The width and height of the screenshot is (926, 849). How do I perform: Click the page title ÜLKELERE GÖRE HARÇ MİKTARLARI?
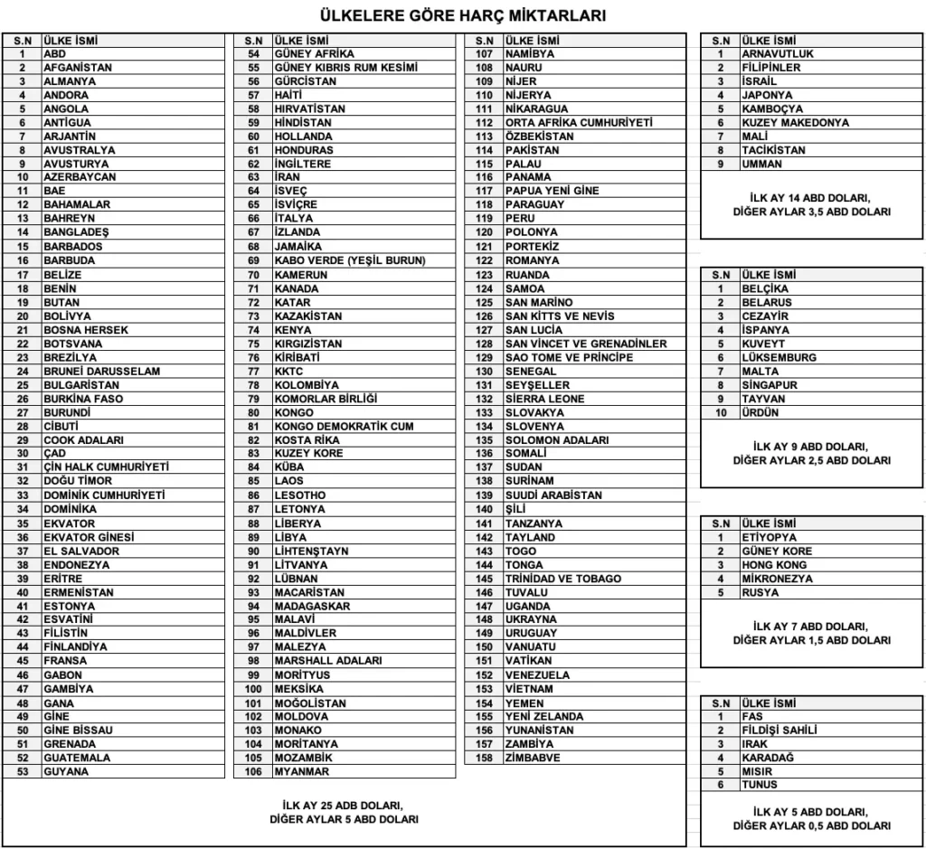463,15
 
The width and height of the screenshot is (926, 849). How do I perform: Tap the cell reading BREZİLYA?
71,357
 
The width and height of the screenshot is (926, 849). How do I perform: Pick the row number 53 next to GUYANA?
24,772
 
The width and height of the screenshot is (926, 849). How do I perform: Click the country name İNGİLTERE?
303,165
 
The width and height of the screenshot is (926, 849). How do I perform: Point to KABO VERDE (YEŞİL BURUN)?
350,260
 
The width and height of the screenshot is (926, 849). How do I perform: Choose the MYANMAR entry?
302,772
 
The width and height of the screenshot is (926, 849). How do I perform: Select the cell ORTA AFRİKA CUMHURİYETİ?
579,123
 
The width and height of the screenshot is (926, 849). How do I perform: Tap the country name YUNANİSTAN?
540,731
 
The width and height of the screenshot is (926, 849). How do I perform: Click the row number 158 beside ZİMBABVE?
485,758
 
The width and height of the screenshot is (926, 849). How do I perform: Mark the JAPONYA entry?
767,95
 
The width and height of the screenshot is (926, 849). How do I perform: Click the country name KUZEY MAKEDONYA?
795,123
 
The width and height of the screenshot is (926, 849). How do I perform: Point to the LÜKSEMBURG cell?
779,357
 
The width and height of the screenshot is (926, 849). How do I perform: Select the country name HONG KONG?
774,565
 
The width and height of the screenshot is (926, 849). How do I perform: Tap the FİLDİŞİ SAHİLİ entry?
780,731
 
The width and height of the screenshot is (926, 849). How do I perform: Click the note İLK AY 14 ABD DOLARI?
811,197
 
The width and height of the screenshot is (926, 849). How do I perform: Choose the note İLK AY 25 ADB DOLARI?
343,805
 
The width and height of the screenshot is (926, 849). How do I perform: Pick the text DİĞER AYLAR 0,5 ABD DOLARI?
811,825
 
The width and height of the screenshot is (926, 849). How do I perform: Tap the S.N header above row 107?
485,41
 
